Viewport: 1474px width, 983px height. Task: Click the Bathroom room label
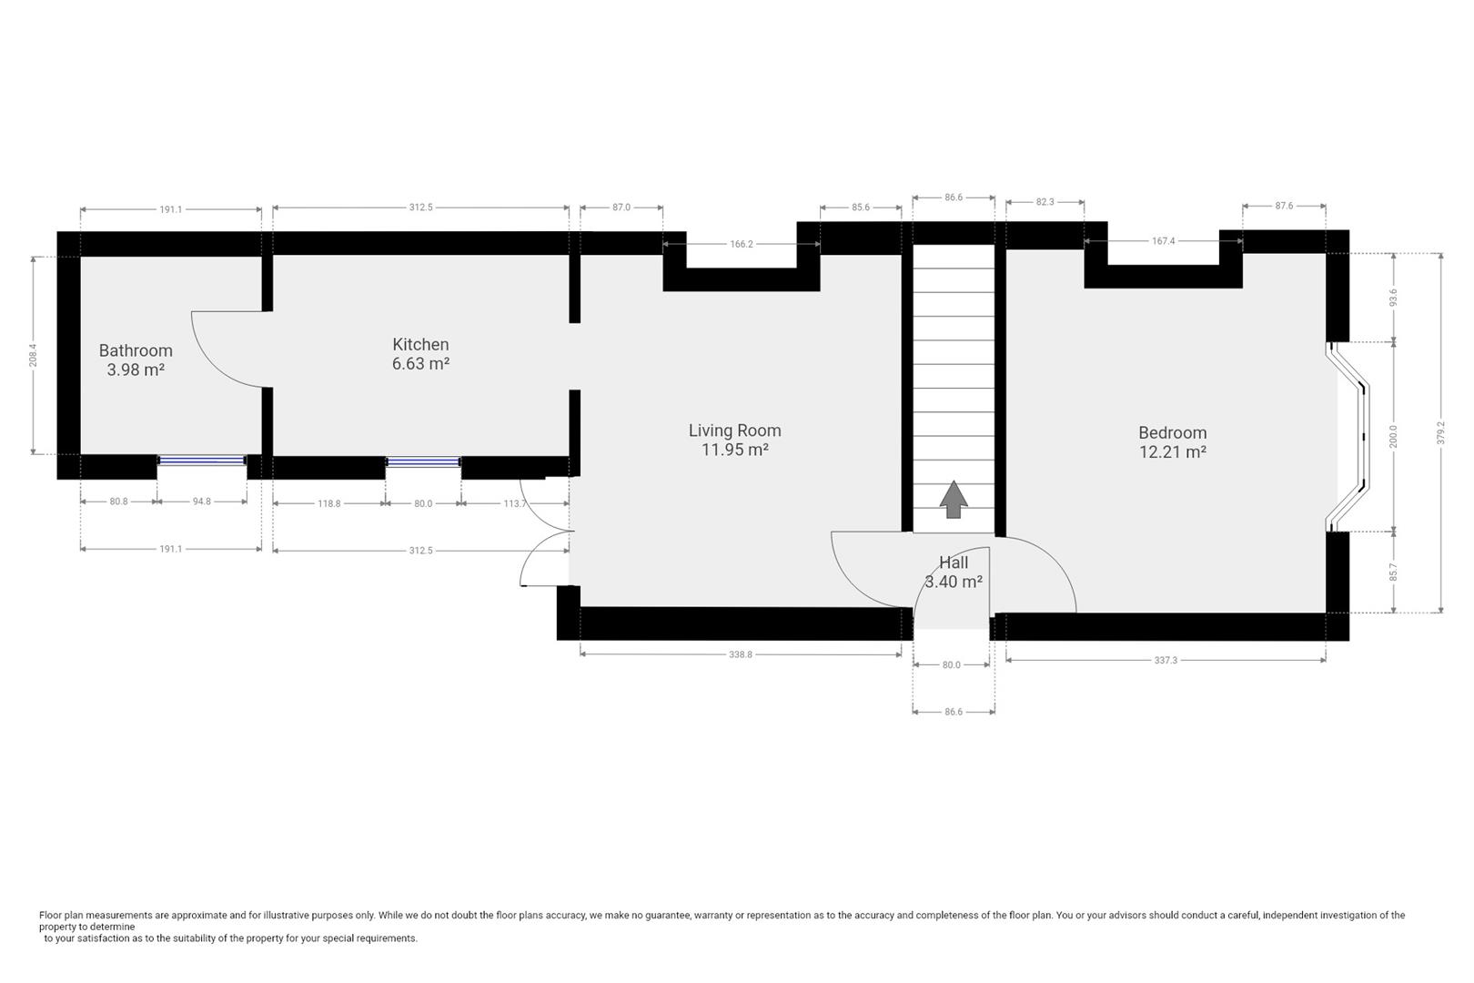136,350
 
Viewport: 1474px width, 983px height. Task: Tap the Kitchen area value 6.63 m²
420,363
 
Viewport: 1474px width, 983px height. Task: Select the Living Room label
735,431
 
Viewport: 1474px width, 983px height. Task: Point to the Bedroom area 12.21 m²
1173,451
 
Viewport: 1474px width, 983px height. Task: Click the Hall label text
954,562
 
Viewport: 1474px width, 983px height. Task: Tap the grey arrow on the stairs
954,500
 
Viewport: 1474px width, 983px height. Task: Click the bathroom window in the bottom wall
202,461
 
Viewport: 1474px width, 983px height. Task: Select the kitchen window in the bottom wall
423,462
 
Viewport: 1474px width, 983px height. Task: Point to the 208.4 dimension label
33,356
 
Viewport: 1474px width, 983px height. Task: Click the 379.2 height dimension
1440,432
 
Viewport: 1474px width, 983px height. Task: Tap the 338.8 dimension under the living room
741,654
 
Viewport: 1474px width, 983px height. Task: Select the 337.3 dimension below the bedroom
1166,660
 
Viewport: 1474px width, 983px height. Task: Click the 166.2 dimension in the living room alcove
741,244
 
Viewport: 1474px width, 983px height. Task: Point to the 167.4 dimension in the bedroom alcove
1164,241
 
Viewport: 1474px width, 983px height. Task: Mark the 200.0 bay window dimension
1393,436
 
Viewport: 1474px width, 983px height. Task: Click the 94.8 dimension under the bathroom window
201,502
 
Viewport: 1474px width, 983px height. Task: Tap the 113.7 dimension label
515,503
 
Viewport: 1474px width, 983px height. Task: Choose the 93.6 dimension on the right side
1393,298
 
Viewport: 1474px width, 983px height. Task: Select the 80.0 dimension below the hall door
951,665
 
